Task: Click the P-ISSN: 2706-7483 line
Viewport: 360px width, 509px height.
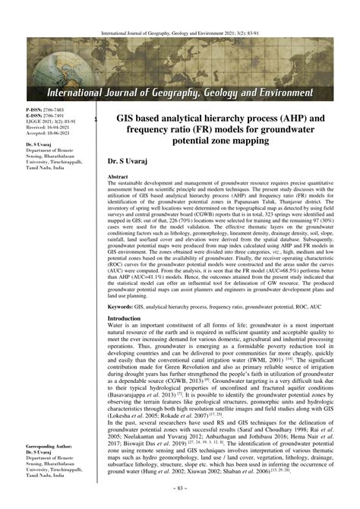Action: tap(47, 110)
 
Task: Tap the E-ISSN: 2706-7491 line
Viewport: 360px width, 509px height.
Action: tap(47, 116)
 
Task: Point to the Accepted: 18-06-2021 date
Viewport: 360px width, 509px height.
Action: tap(49, 134)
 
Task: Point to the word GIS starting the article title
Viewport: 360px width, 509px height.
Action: tap(126, 120)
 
